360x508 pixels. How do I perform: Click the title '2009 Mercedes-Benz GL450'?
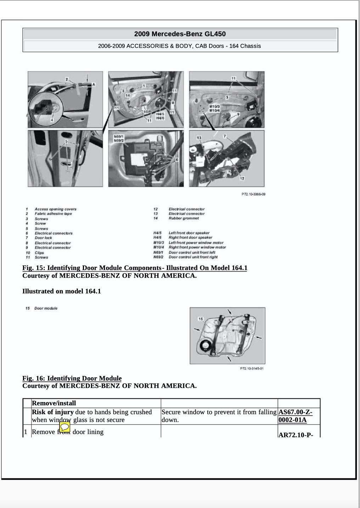point(180,34)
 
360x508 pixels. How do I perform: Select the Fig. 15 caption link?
point(135,268)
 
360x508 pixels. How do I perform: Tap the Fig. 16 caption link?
point(72,378)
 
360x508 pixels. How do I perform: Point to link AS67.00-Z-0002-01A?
point(296,416)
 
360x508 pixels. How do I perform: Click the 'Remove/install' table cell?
point(54,403)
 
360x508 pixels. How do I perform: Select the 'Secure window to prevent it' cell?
point(219,416)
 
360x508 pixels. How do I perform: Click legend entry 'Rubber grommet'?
point(184,218)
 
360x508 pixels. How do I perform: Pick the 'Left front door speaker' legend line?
point(189,233)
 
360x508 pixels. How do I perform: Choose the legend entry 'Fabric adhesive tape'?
point(53,214)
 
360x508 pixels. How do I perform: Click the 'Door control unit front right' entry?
point(193,257)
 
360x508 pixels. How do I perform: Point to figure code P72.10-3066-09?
point(253,194)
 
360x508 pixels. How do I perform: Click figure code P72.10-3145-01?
point(252,368)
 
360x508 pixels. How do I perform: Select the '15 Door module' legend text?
point(41,308)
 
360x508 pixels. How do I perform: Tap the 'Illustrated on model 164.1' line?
point(62,291)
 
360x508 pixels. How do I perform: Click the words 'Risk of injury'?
point(53,412)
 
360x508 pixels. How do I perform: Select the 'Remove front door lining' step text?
point(68,432)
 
